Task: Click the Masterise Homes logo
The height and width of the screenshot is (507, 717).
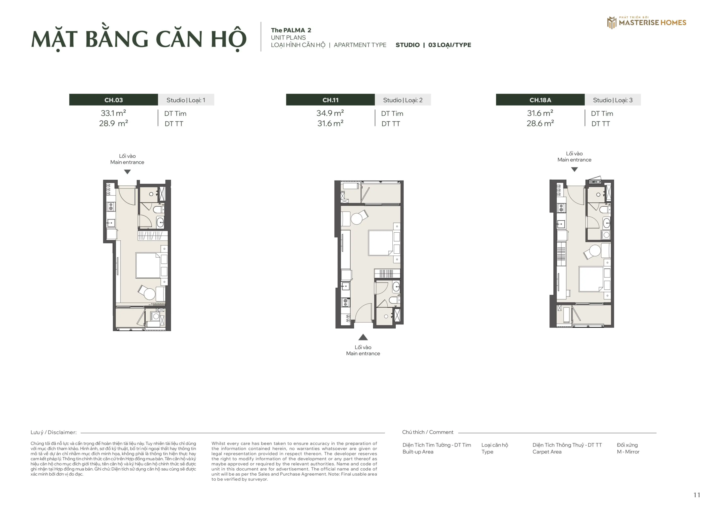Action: point(646,22)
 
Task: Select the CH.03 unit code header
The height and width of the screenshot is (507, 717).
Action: point(113,100)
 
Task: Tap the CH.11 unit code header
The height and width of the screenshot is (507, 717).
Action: point(330,100)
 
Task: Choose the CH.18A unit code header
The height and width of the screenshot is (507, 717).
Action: point(540,100)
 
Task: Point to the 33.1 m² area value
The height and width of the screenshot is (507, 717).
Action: point(113,113)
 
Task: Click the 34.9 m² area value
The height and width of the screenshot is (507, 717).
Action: point(330,113)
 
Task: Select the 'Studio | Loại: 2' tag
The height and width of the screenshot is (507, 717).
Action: point(403,100)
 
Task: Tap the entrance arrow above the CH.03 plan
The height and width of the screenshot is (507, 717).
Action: point(127,172)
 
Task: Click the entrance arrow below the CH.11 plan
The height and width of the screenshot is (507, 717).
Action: point(363,337)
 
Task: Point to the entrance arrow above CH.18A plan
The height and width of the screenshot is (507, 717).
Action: point(575,170)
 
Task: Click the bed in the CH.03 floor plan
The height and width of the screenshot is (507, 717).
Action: point(148,265)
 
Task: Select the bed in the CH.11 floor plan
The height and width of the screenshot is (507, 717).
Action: point(380,243)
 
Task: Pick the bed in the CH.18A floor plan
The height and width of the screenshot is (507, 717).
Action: point(591,279)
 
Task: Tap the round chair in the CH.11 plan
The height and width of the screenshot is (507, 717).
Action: point(357,219)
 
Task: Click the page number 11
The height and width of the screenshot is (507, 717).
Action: point(697,495)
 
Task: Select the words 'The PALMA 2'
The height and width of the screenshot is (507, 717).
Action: point(291,30)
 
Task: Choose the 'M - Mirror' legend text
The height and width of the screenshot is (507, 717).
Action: point(628,452)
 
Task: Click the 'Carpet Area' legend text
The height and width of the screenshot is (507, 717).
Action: point(547,452)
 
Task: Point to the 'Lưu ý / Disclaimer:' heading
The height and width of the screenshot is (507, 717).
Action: point(54,432)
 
